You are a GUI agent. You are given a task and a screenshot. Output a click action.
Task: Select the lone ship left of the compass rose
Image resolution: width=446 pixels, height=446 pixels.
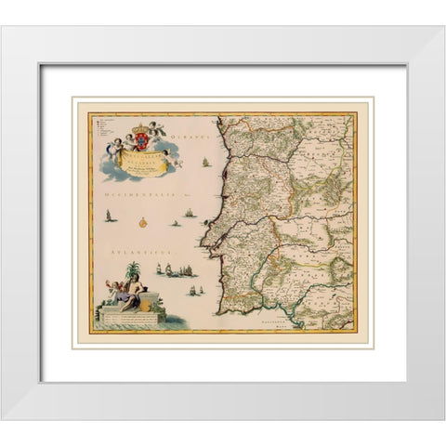coord(110,217)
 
